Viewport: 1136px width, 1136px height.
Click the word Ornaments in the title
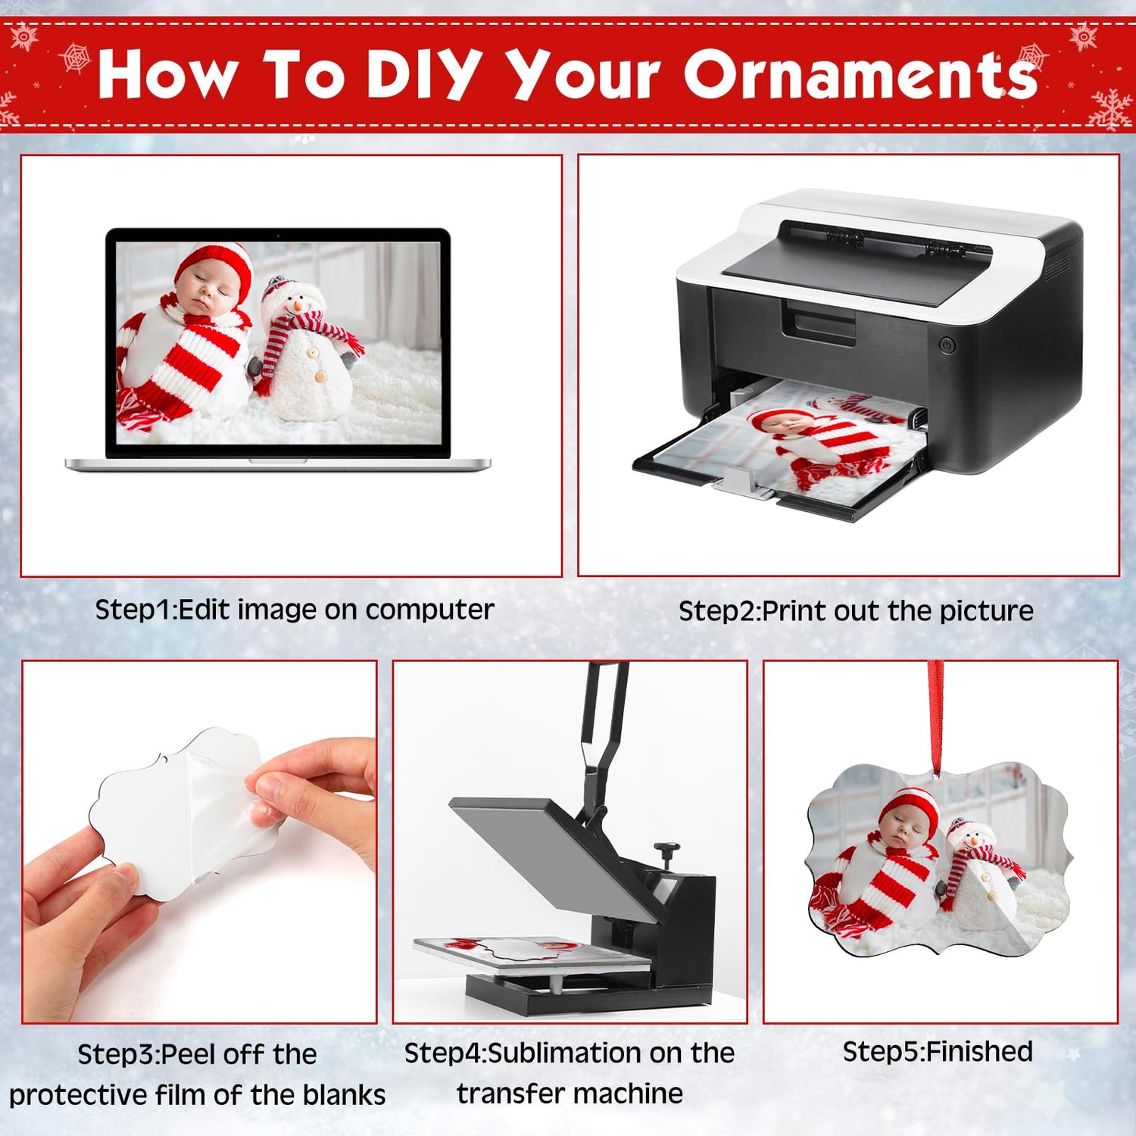coord(861,73)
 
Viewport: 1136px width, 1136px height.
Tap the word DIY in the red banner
coord(424,74)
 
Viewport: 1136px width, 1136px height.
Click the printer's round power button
coord(947,345)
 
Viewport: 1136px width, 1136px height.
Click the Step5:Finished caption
coord(938,1051)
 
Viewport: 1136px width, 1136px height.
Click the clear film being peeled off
coord(227,803)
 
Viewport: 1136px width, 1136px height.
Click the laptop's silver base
coord(278,464)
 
